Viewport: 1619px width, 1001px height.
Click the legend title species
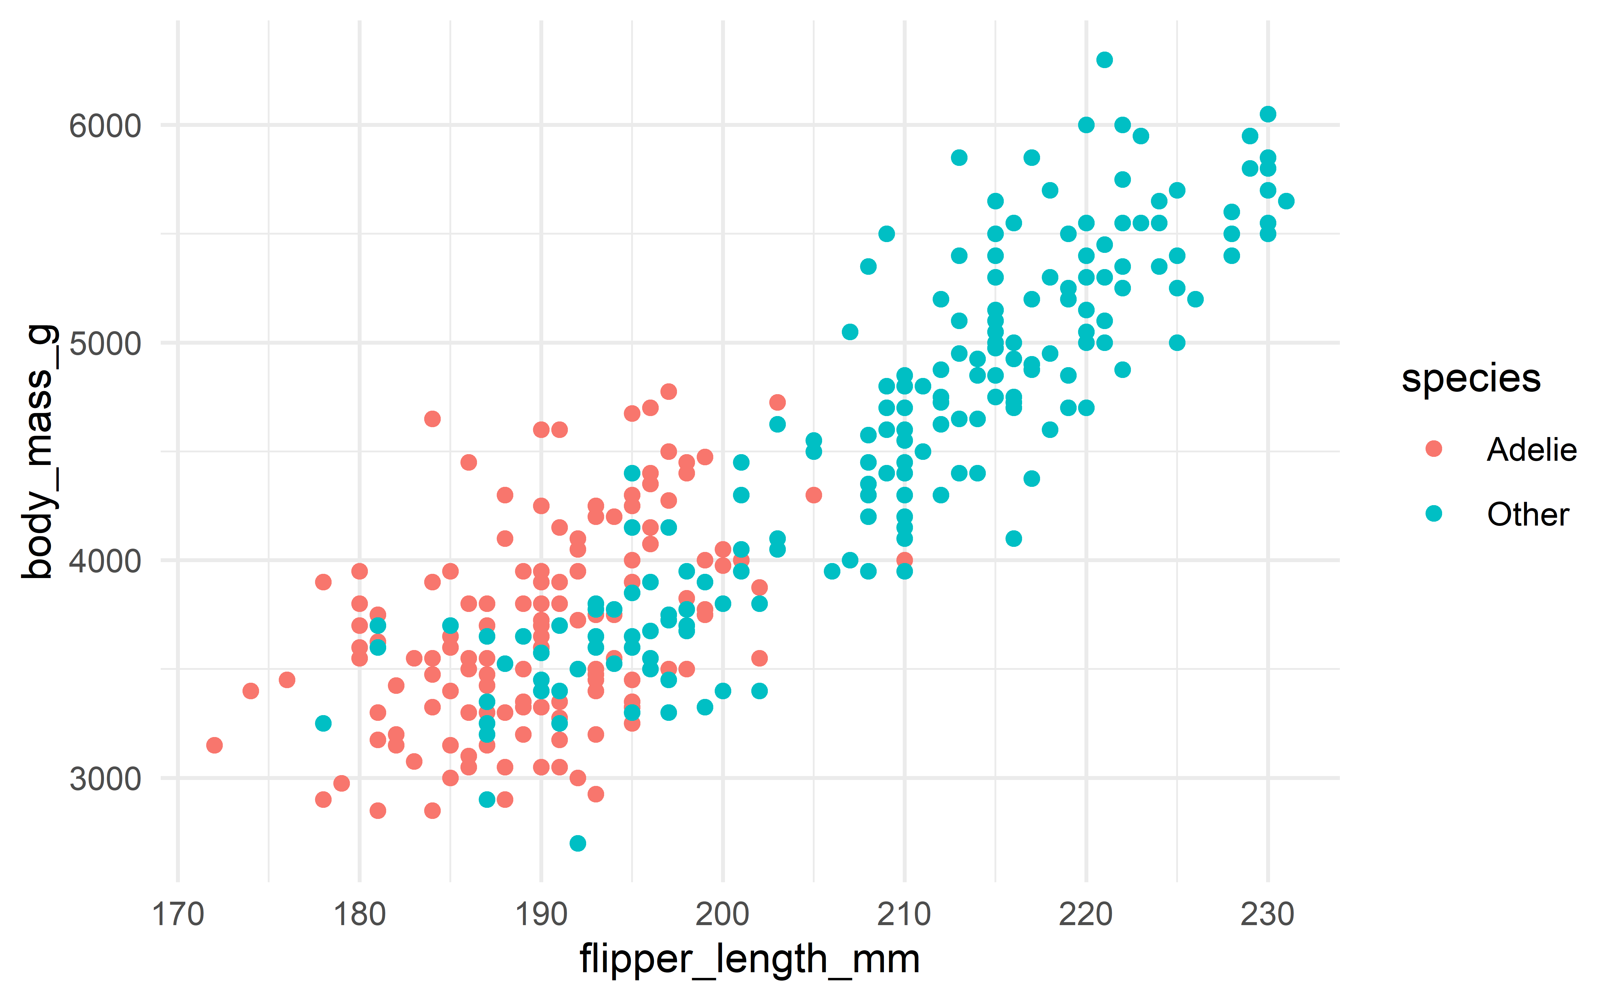tap(1471, 379)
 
